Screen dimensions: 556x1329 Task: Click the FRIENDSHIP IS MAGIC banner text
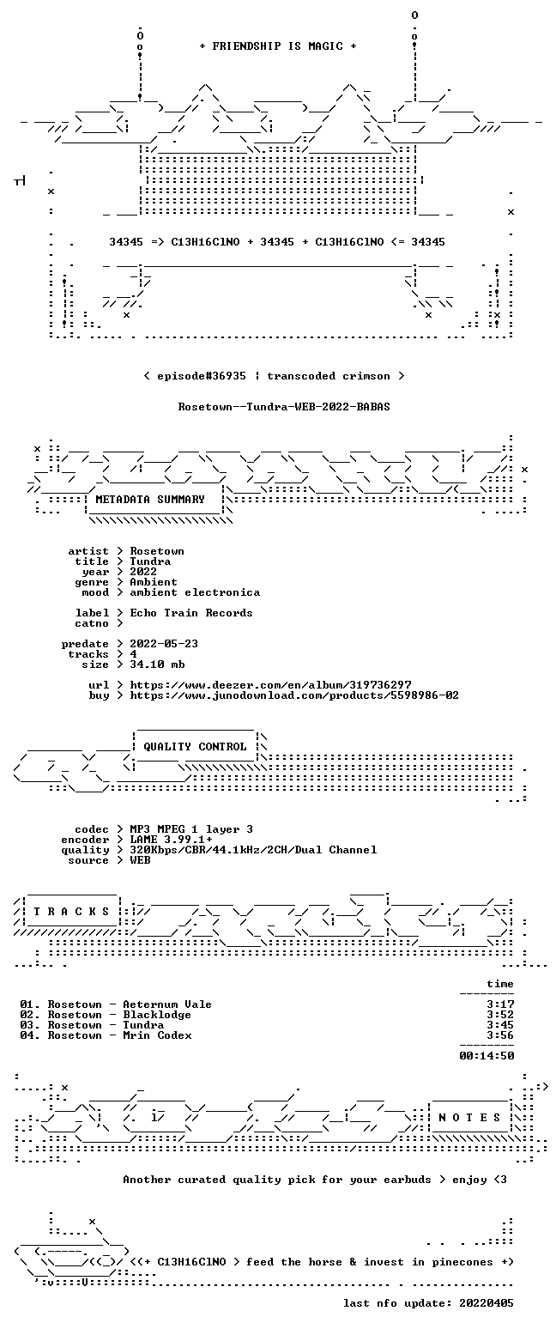coord(278,46)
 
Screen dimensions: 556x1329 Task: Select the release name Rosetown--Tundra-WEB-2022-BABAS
coord(284,406)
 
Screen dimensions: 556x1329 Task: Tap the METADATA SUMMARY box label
coord(150,500)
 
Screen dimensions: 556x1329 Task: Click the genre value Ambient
coord(154,582)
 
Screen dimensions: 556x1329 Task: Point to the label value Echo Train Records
coord(190,613)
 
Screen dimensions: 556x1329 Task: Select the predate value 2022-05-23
coord(164,644)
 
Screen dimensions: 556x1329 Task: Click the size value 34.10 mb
coord(157,664)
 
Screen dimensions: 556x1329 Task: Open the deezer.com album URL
coord(270,685)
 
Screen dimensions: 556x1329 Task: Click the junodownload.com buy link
coord(294,695)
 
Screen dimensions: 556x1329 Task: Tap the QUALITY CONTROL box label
coord(195,747)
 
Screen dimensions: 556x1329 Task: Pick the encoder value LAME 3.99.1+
coord(171,840)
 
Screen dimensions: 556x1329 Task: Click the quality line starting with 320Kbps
coord(253,850)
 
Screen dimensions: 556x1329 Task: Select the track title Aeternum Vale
coord(167,1004)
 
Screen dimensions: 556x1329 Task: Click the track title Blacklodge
coord(156,1015)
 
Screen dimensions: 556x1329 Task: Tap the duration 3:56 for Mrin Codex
coord(500,1035)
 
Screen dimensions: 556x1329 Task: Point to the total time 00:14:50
coord(486,1056)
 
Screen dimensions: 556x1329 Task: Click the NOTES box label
coord(469,1118)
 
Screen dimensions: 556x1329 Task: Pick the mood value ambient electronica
coord(195,592)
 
